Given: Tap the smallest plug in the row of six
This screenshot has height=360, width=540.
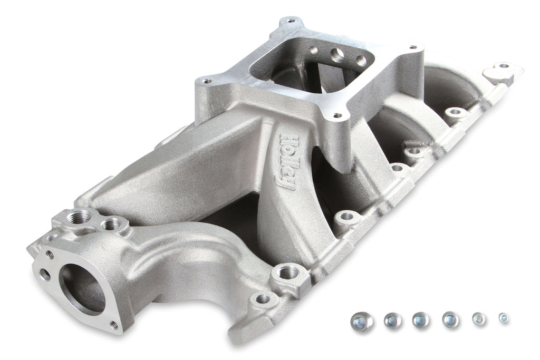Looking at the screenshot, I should [x=504, y=318].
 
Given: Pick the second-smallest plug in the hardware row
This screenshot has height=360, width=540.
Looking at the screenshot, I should [x=478, y=319].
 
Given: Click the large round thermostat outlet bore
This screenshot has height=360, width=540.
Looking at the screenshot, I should [x=81, y=287].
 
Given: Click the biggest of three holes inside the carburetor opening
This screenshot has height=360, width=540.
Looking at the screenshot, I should [x=337, y=55].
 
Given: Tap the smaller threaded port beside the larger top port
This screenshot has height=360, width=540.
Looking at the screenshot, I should [x=112, y=225].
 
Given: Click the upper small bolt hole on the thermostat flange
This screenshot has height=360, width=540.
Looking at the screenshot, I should [x=50, y=254].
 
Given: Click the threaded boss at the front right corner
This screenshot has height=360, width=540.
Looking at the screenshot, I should [x=287, y=273].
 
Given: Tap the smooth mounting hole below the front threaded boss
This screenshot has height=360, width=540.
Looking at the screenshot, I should [x=262, y=299].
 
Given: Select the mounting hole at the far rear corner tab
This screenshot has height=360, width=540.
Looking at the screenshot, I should [x=504, y=66].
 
